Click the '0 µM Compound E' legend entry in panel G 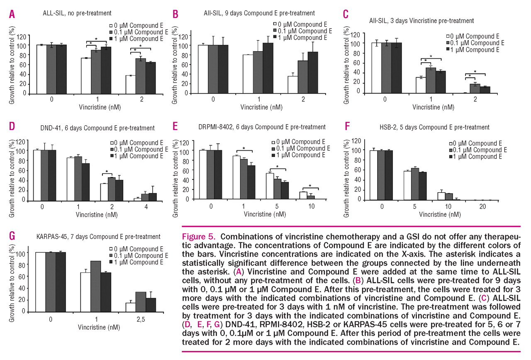coord(139,249)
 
